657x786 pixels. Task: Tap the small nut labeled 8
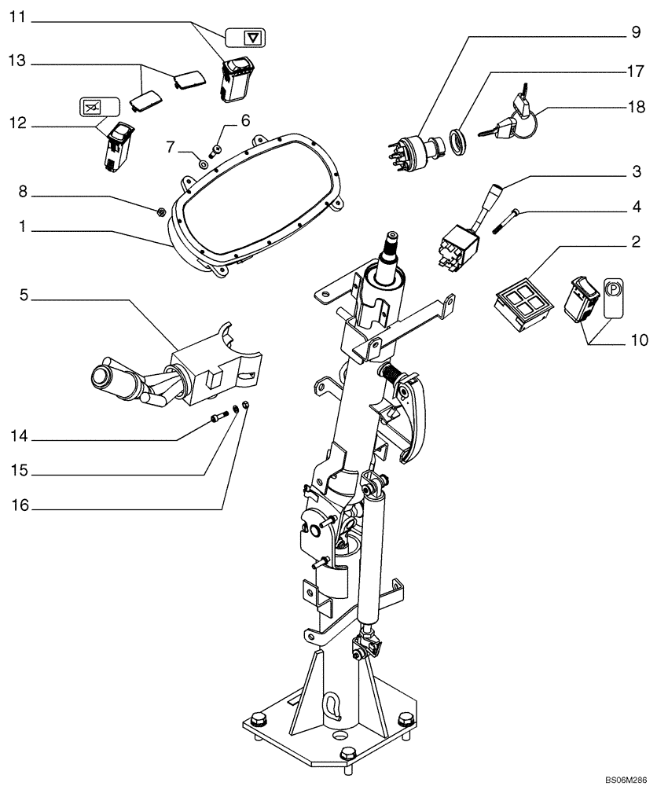pyautogui.click(x=160, y=210)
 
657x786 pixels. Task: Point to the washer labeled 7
pyautogui.click(x=204, y=164)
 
